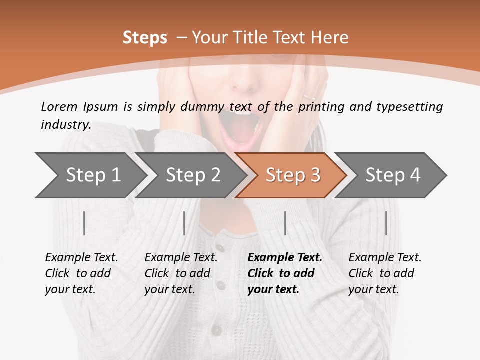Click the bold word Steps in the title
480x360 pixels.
(145, 38)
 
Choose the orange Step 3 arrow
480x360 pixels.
(293, 175)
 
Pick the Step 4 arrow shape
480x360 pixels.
(393, 175)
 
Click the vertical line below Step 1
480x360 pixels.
(84, 223)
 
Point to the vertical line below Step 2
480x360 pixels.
(184, 223)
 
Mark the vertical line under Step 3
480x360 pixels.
(285, 223)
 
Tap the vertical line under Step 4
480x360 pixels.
(386, 223)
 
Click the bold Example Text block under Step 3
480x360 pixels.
(285, 273)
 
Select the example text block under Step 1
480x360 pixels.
(81, 273)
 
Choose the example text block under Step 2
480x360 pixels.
(181, 273)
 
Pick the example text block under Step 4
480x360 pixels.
(385, 273)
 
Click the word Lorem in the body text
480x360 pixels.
(59, 106)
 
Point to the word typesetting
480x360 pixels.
(409, 107)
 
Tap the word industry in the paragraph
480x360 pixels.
(66, 125)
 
